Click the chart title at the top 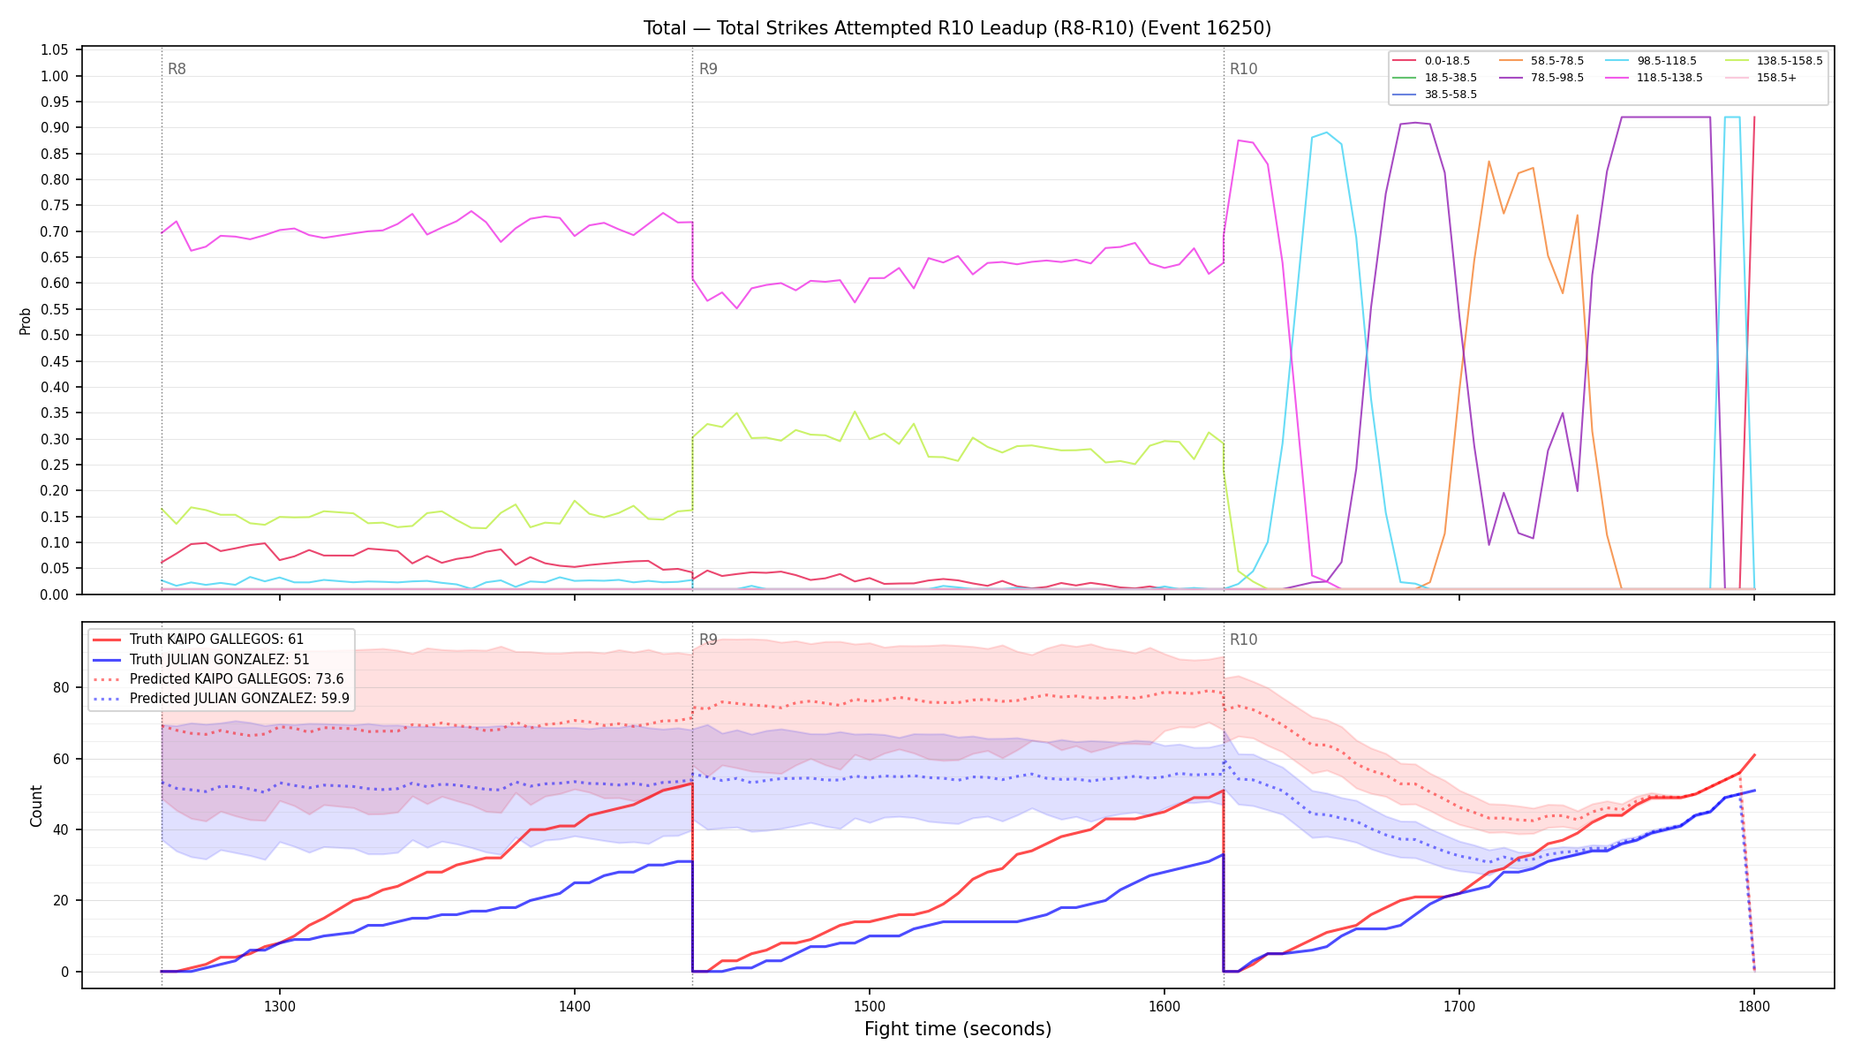(957, 28)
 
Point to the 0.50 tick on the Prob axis (55, 336)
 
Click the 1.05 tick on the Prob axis (55, 50)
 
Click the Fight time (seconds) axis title (958, 1029)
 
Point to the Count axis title (36, 806)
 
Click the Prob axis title (26, 321)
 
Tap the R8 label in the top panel (177, 69)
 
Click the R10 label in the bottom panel (1243, 640)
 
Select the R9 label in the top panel (708, 69)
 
